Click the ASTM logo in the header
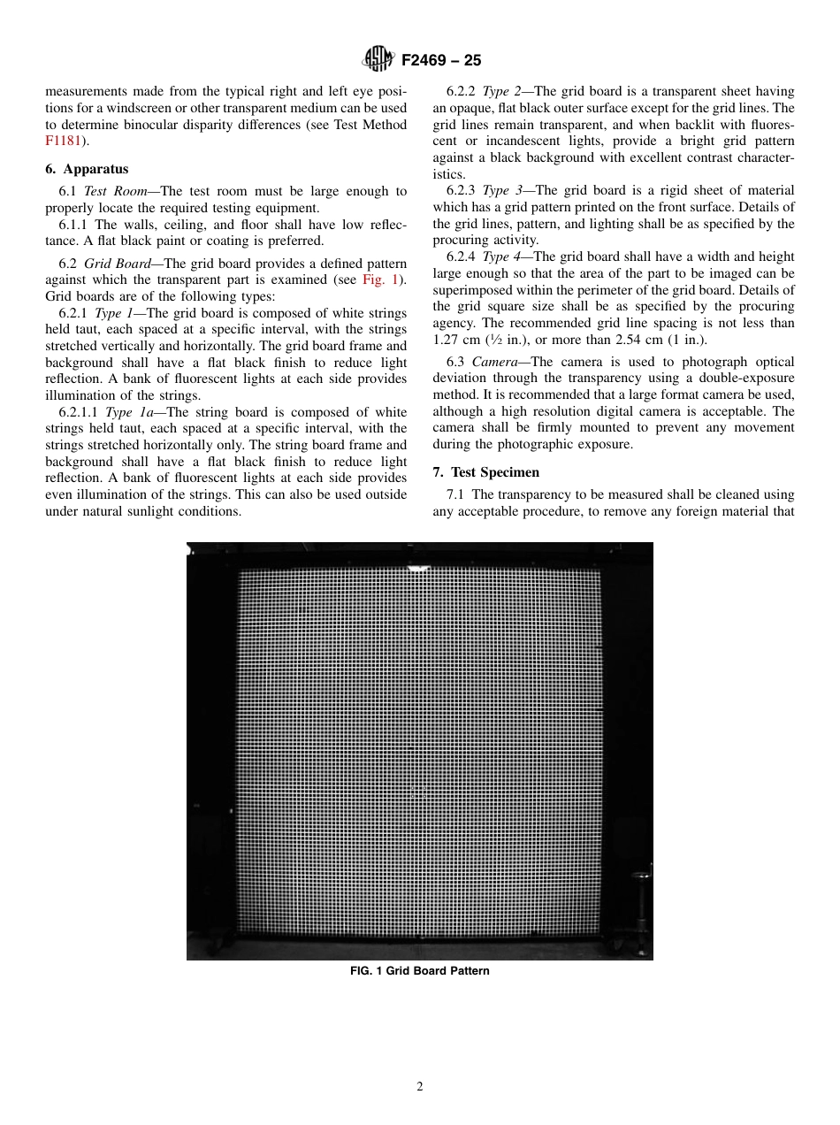pyautogui.click(x=379, y=60)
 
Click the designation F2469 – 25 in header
pyautogui.click(x=441, y=61)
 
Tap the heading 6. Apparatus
pyautogui.click(x=87, y=169)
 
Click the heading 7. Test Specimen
pyautogui.click(x=485, y=472)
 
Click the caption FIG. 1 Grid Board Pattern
pyautogui.click(x=419, y=970)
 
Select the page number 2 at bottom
pyautogui.click(x=420, y=1087)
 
